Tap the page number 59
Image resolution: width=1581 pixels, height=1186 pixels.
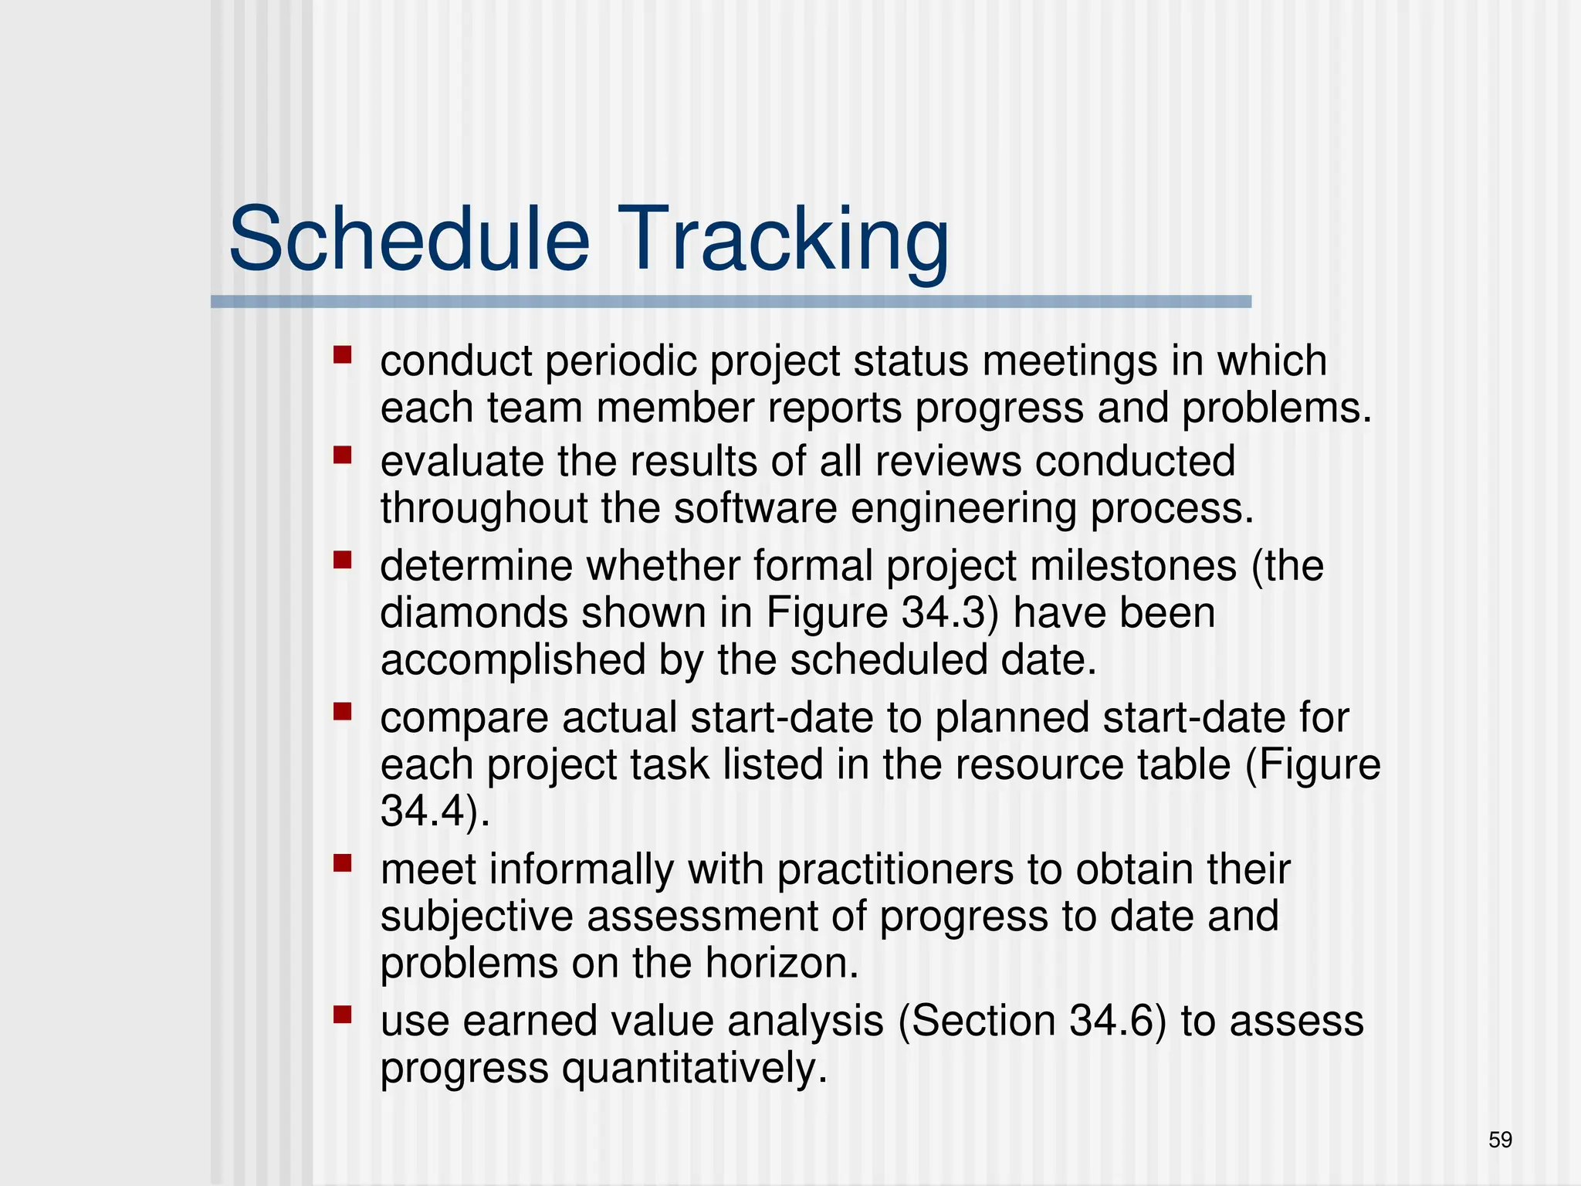(1500, 1140)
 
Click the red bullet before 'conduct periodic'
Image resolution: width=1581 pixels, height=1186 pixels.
(342, 355)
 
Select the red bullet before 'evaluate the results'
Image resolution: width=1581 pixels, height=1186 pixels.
(342, 455)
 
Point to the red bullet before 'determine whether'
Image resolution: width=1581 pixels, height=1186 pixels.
(342, 559)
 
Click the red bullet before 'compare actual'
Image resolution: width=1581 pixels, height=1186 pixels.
(342, 710)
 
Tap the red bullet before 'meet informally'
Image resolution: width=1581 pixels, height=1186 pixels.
(342, 862)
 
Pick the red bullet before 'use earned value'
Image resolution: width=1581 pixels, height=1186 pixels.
(342, 1014)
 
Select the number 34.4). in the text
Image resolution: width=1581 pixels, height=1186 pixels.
(435, 811)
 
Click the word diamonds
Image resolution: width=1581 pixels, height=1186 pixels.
(473, 613)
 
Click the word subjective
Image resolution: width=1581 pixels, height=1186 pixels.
(476, 917)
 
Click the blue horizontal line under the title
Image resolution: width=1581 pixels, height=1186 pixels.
(730, 302)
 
